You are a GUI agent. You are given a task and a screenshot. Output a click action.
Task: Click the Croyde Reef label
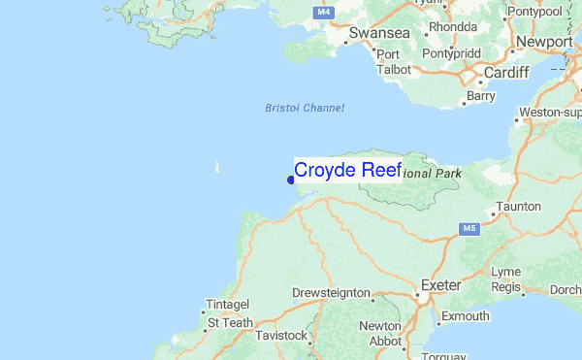coord(347,170)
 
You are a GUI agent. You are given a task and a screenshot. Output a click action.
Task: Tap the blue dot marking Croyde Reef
coord(291,179)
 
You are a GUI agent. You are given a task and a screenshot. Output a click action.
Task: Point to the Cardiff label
coord(504,73)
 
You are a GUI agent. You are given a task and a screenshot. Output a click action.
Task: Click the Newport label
coord(544,42)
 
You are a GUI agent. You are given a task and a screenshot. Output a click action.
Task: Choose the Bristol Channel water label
coord(305,108)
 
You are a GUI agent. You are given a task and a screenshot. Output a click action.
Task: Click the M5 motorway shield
coord(469,229)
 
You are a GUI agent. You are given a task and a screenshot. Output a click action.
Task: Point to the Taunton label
coord(517,207)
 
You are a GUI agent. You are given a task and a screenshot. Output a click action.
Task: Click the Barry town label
coord(481,96)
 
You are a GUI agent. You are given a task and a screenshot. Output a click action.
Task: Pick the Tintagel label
coord(228,305)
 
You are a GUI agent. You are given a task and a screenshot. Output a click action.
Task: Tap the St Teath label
coord(230,322)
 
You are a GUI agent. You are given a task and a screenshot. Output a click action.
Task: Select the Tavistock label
coord(281,336)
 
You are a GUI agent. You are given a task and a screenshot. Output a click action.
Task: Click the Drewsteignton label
coord(331,292)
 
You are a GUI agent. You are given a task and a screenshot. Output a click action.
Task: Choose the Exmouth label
coord(465,316)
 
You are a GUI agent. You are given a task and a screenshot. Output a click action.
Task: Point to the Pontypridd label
coord(452,53)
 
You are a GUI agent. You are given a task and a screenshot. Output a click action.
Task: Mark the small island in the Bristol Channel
coord(217,167)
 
